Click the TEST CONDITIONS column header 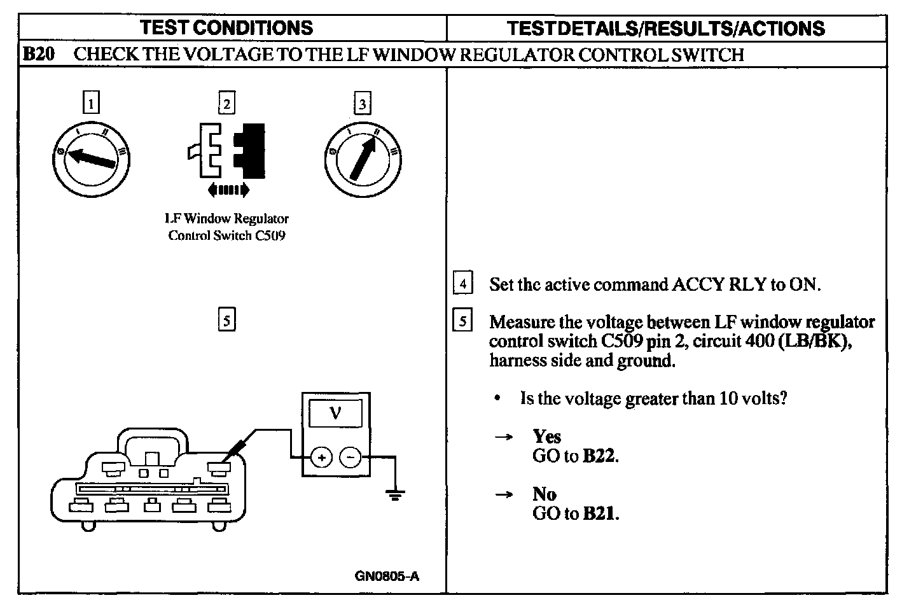pos(226,28)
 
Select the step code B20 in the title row pos(38,55)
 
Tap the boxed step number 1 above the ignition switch pos(92,102)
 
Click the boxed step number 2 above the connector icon pos(226,102)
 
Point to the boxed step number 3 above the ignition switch pos(362,102)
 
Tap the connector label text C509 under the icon pos(270,236)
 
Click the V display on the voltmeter pos(335,414)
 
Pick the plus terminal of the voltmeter pos(321,457)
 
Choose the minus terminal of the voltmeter pos(350,457)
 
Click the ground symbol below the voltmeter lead pos(396,494)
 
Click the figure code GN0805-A pos(387,577)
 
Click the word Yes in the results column pos(546,436)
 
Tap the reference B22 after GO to pos(600,456)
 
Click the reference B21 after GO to pos(600,513)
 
